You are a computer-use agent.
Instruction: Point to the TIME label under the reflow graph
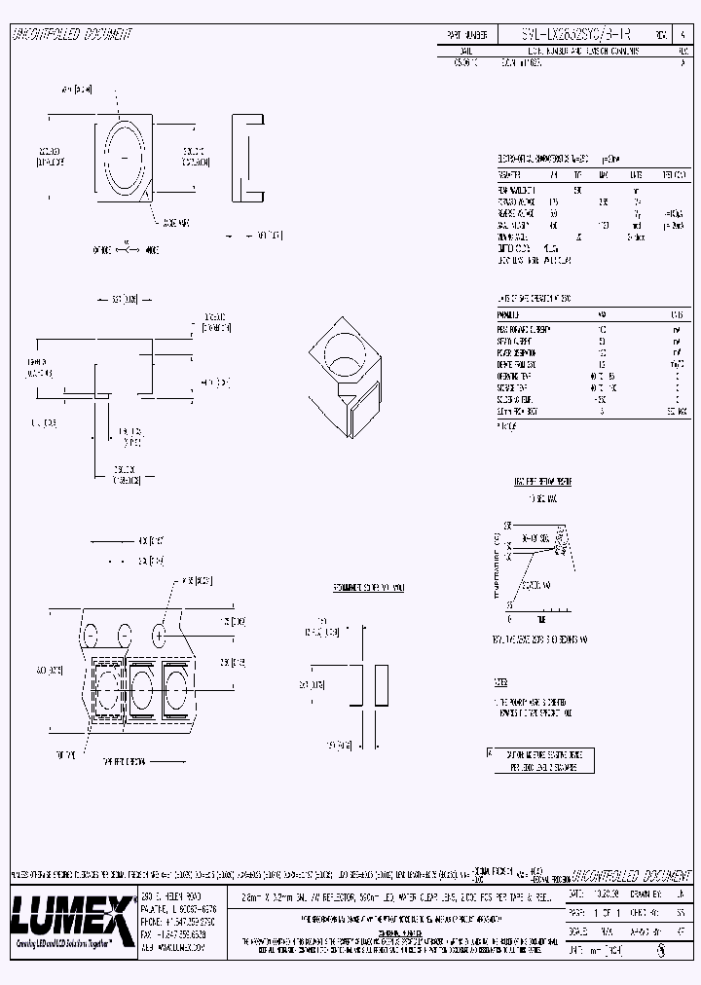[540, 619]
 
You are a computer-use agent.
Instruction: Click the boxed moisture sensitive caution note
[539, 760]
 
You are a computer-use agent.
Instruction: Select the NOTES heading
[501, 682]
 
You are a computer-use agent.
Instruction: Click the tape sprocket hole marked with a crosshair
[159, 634]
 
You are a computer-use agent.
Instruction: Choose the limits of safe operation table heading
[535, 299]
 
